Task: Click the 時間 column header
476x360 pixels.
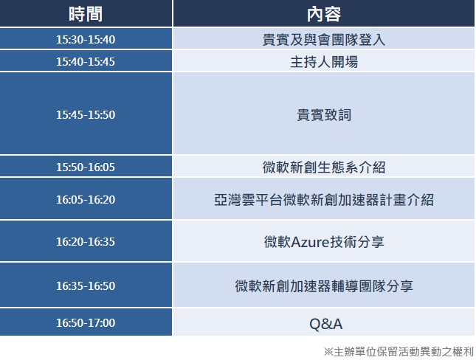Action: click(x=86, y=14)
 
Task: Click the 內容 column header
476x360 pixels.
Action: click(x=324, y=14)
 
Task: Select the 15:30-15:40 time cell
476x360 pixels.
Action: click(x=86, y=39)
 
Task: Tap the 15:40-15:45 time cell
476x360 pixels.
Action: click(x=86, y=62)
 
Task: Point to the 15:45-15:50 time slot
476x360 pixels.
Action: click(x=86, y=115)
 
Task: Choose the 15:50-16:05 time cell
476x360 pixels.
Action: click(x=86, y=167)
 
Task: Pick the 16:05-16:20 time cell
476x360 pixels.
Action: click(x=86, y=199)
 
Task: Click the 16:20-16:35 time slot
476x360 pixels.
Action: click(x=86, y=242)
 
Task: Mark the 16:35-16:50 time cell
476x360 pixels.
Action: click(x=86, y=286)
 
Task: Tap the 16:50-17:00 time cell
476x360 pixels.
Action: click(x=86, y=322)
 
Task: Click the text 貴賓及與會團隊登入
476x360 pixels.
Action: click(x=324, y=40)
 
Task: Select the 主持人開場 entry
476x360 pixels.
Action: click(x=324, y=62)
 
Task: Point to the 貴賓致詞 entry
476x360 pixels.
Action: click(x=324, y=115)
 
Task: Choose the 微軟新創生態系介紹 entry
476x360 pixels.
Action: click(x=324, y=167)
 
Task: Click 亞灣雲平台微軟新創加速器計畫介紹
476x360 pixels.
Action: click(x=324, y=200)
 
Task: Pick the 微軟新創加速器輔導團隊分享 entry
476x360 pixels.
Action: click(x=324, y=286)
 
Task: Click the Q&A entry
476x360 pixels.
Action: click(x=325, y=324)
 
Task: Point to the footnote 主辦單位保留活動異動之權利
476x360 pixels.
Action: click(x=404, y=352)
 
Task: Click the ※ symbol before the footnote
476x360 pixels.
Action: click(x=328, y=352)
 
